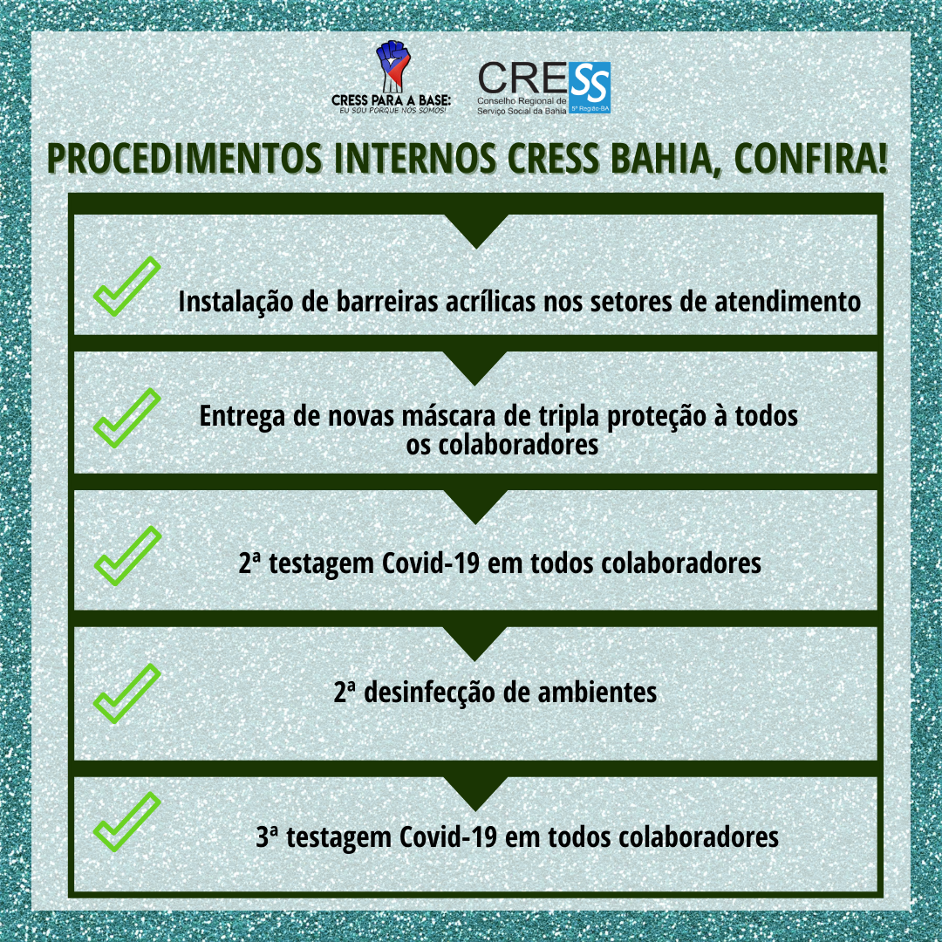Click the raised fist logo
coord(392,66)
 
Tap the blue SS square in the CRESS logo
coord(589,88)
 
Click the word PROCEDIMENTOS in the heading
coord(184,159)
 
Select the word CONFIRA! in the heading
coord(811,159)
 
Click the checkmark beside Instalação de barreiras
coord(126,287)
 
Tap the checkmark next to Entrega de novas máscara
coord(126,418)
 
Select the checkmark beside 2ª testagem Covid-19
coord(127,556)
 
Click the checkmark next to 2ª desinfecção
coord(126,693)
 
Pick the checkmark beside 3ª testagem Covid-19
coord(126,822)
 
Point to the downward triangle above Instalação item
coord(477,230)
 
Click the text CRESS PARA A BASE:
coord(391,100)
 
